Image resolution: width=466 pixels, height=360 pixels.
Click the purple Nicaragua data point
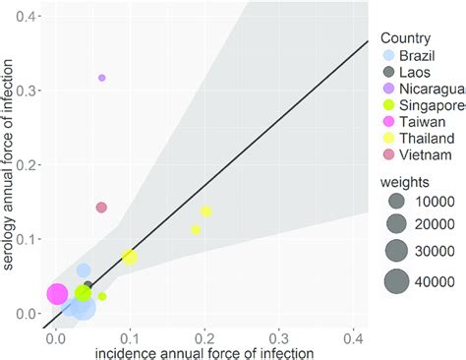coord(101,77)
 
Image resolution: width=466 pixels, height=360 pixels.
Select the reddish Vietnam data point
coord(101,208)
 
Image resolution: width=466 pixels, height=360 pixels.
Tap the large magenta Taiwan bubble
coord(57,294)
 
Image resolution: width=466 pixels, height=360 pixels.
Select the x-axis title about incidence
coord(205,351)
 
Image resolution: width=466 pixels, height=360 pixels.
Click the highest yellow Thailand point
coord(206,211)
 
